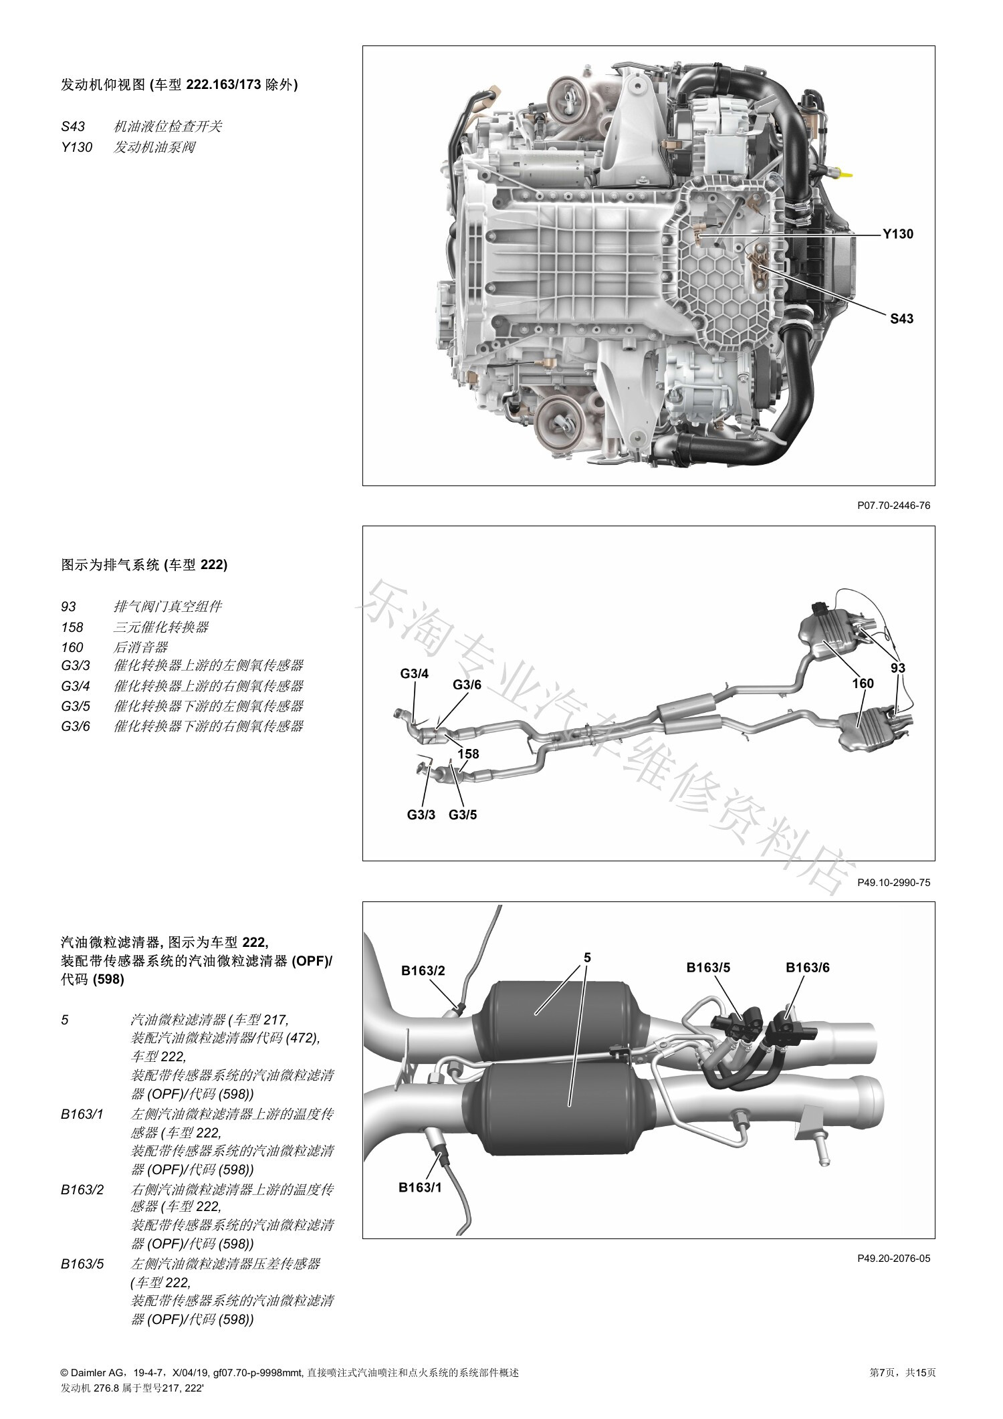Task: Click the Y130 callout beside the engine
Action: coord(897,234)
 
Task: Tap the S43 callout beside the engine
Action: coord(901,319)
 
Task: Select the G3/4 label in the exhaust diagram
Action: coord(415,673)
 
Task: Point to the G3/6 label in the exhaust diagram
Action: coord(467,685)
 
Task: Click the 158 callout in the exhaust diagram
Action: coord(468,754)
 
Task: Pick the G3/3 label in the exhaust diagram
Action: coord(421,814)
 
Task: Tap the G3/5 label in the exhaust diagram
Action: coord(463,814)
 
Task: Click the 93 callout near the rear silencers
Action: coord(898,668)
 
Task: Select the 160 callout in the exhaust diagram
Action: coord(863,683)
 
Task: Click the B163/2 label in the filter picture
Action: coord(423,970)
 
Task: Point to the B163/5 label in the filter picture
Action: coord(708,967)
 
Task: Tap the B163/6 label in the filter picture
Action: coord(808,967)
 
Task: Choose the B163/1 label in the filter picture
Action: coord(420,1187)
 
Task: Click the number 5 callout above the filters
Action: coord(587,957)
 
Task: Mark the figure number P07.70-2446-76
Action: coord(893,506)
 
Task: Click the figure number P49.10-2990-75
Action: coord(893,883)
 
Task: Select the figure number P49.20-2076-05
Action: coord(893,1259)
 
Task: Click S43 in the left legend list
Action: coord(73,127)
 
